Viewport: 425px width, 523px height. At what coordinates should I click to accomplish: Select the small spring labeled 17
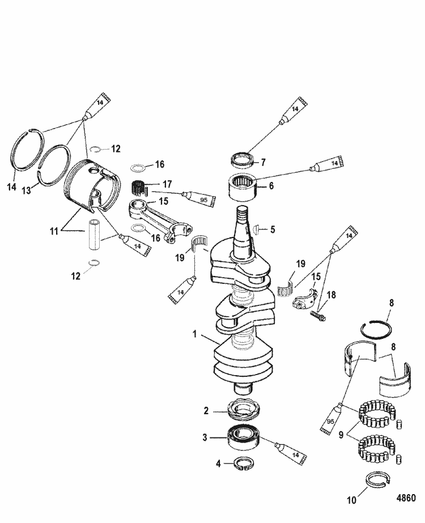tap(139, 186)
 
